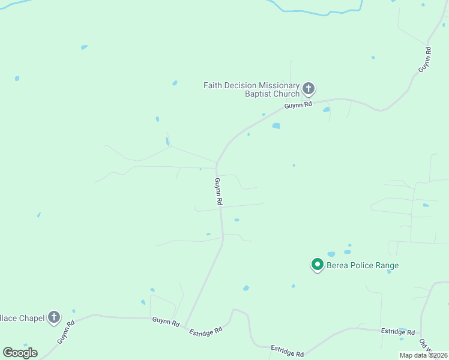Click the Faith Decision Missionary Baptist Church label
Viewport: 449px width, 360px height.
251,89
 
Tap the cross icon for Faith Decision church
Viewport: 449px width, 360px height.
309,89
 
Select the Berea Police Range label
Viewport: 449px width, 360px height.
363,265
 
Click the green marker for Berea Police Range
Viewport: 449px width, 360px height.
317,264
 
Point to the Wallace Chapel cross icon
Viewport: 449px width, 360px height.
54,317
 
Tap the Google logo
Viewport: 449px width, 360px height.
20,353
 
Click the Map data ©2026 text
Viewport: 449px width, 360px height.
424,355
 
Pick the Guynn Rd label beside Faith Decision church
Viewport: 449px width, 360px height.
298,105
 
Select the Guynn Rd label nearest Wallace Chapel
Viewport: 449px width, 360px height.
65,332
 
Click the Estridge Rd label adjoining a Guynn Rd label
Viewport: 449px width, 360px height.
206,331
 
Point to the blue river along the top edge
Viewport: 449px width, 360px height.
312,11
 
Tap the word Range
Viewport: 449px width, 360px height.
387,265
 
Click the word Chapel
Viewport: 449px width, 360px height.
31,317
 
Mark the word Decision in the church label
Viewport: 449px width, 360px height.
236,85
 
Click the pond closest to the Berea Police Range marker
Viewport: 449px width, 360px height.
331,254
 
